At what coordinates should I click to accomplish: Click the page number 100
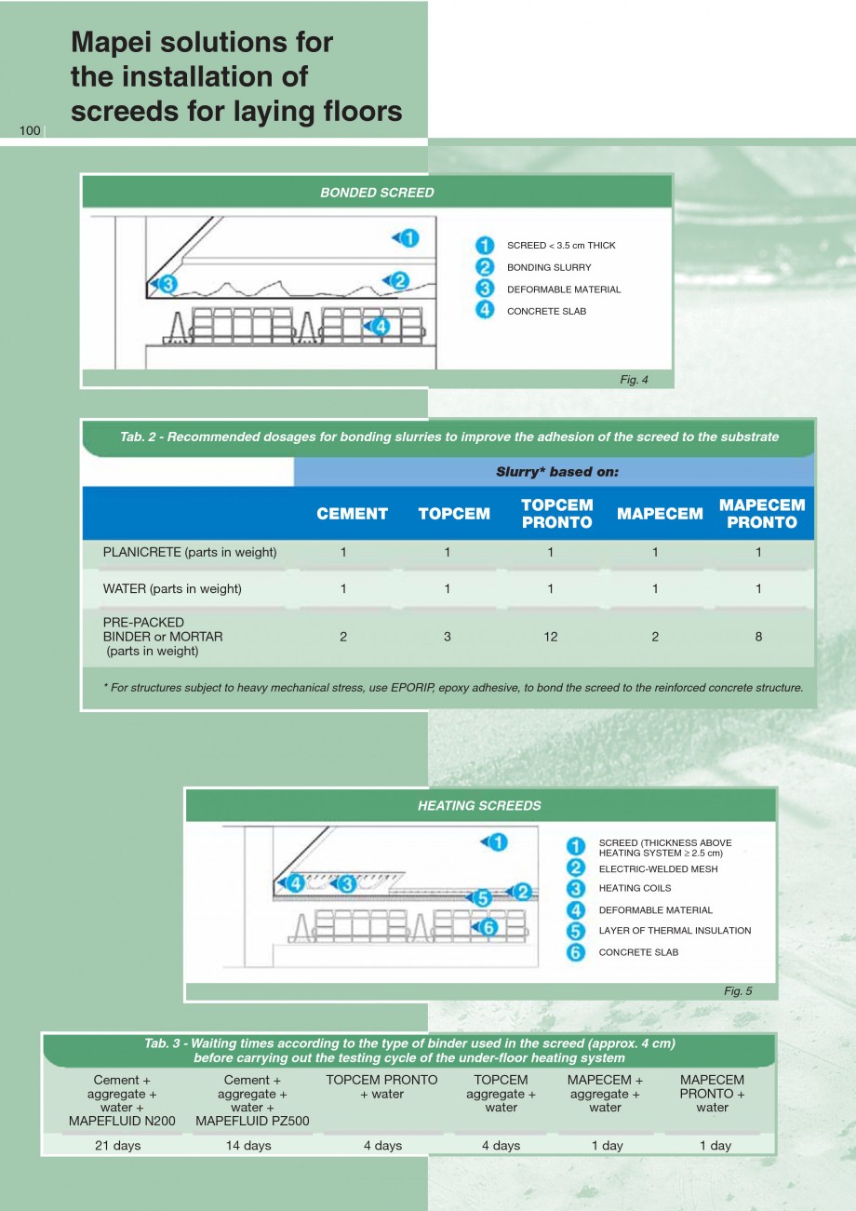pos(30,130)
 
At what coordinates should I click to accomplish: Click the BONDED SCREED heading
pos(377,193)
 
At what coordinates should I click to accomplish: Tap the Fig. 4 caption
pos(633,379)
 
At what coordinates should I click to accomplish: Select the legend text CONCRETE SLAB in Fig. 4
pos(546,311)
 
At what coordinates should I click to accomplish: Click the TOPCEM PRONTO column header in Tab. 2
pos(556,514)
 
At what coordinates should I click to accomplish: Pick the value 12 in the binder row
pos(551,637)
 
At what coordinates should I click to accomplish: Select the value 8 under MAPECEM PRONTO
pos(758,637)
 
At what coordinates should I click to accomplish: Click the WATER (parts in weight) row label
pos(172,588)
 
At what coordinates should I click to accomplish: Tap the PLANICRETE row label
pos(190,552)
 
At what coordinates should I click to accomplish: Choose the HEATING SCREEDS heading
pos(479,805)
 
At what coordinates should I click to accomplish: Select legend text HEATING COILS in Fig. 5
pos(635,888)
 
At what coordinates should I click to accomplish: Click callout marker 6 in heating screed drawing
pos(489,927)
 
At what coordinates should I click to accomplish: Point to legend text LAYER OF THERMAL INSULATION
pos(675,930)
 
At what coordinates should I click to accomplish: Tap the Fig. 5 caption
pos(737,990)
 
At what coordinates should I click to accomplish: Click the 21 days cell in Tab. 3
pos(118,1145)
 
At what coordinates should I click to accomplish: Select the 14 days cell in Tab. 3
pos(248,1145)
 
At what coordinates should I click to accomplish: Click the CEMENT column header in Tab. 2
pos(352,514)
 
